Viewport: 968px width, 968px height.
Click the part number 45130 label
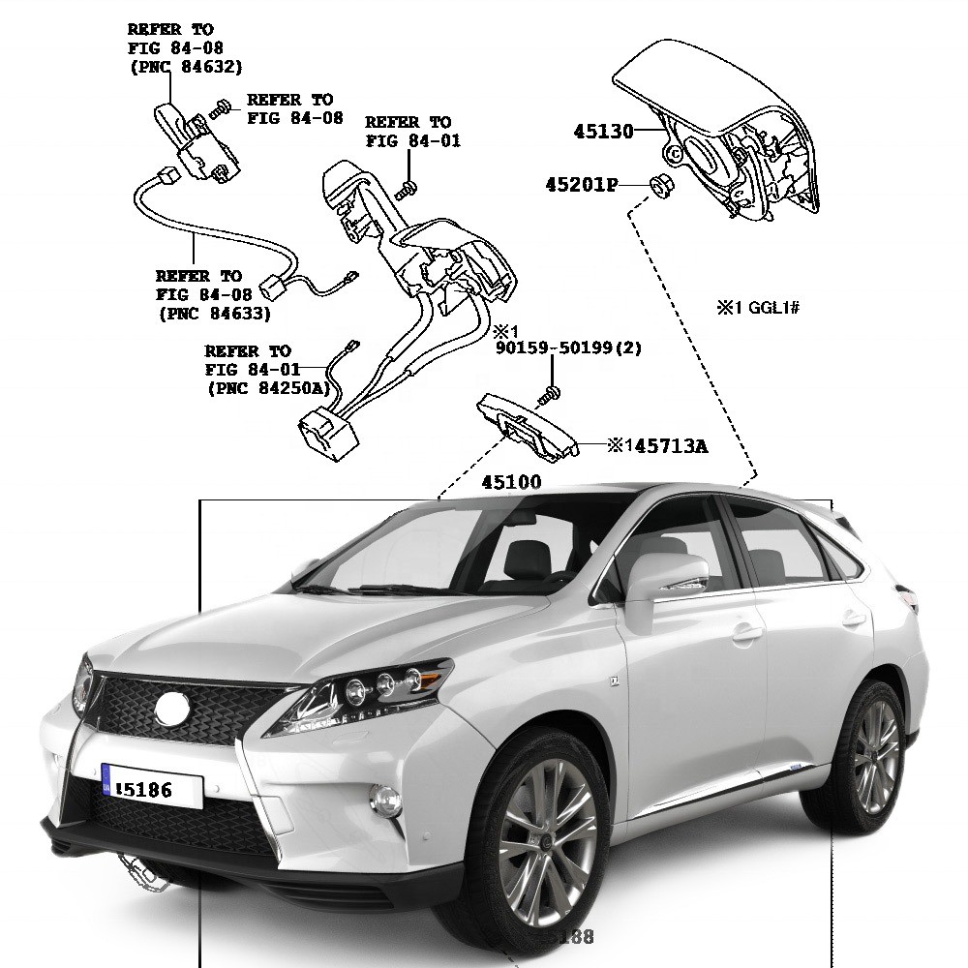(x=601, y=132)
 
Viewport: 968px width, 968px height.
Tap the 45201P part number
(x=581, y=184)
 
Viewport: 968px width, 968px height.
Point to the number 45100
(x=512, y=481)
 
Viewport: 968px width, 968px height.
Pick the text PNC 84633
(x=213, y=313)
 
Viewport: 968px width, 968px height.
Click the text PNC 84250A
(x=267, y=387)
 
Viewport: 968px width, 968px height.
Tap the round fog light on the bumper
(x=386, y=800)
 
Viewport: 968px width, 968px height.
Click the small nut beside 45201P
(x=656, y=183)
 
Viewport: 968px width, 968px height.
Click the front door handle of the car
(x=746, y=635)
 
